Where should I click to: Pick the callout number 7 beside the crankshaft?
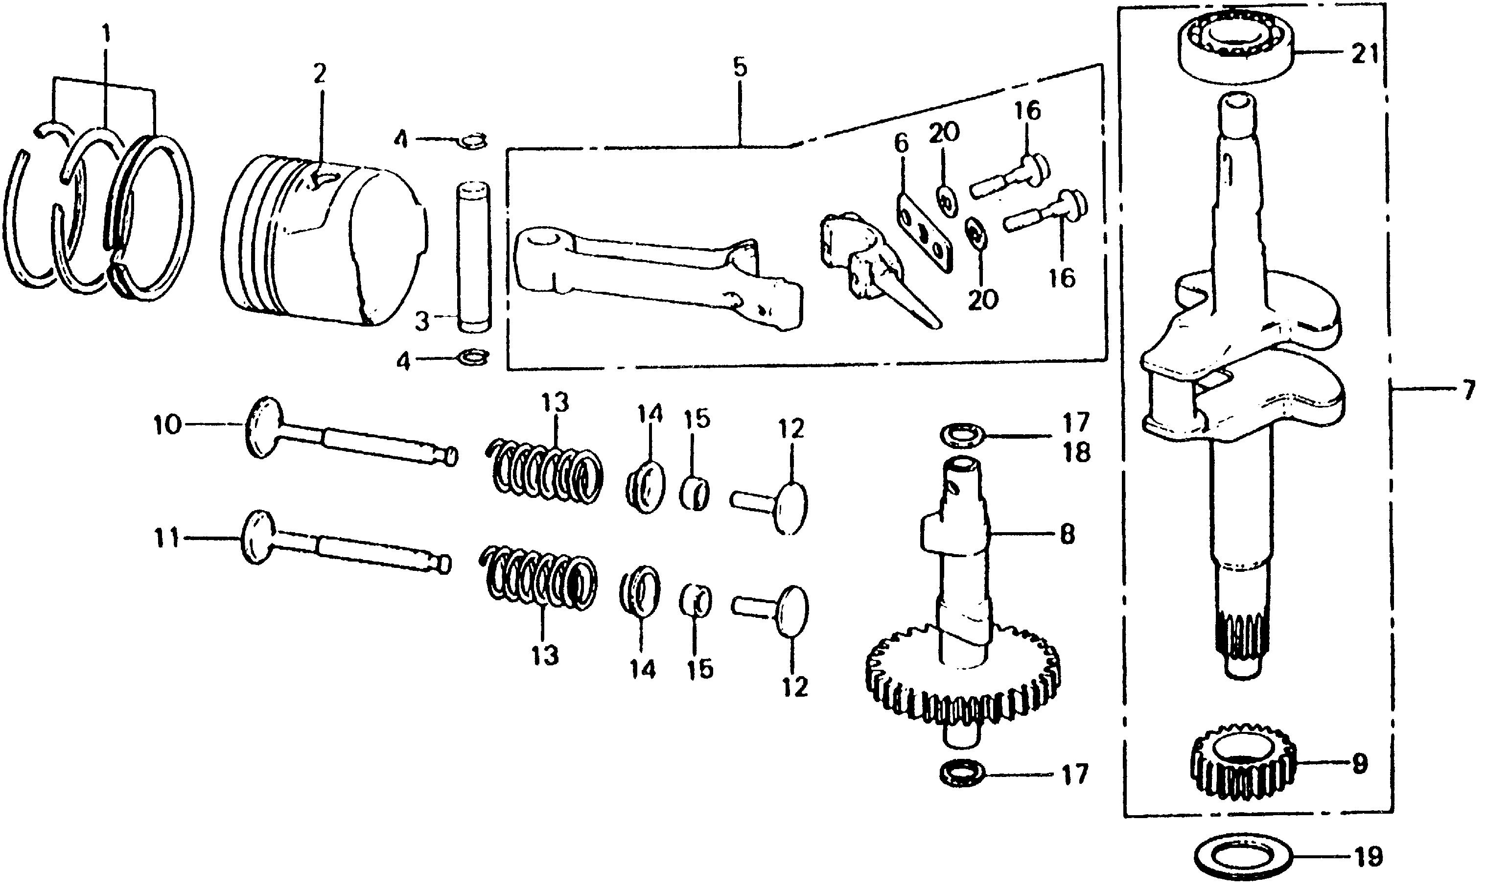[x=1468, y=391]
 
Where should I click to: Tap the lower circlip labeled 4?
[x=473, y=358]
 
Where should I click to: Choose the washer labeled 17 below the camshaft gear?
[x=962, y=774]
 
